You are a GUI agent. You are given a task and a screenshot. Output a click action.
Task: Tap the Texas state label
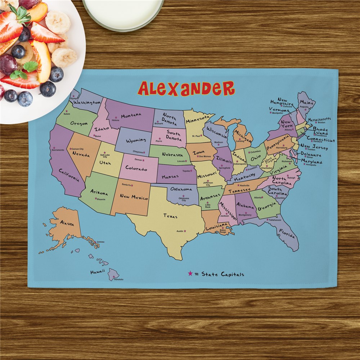pyautogui.click(x=170, y=216)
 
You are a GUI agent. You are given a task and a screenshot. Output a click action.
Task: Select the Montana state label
pyautogui.click(x=131, y=116)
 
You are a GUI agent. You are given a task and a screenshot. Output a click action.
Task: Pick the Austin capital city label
pyautogui.click(x=180, y=231)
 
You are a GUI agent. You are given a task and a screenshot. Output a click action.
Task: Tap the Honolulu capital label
pyautogui.click(x=118, y=279)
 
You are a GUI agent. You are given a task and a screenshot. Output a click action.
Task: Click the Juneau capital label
pyautogui.click(x=100, y=242)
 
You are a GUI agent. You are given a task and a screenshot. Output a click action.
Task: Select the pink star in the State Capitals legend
pyautogui.click(x=190, y=274)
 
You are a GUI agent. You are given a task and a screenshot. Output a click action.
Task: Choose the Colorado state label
pyautogui.click(x=136, y=169)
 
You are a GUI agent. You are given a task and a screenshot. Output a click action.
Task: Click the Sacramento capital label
pyautogui.click(x=58, y=150)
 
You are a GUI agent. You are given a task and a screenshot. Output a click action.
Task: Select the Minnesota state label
pyautogui.click(x=198, y=118)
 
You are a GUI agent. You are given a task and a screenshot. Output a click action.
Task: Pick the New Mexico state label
pyautogui.click(x=134, y=198)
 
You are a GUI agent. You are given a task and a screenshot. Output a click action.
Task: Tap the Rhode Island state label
pyautogui.click(x=320, y=131)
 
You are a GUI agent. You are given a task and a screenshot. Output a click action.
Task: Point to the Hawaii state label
pyautogui.click(x=98, y=271)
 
